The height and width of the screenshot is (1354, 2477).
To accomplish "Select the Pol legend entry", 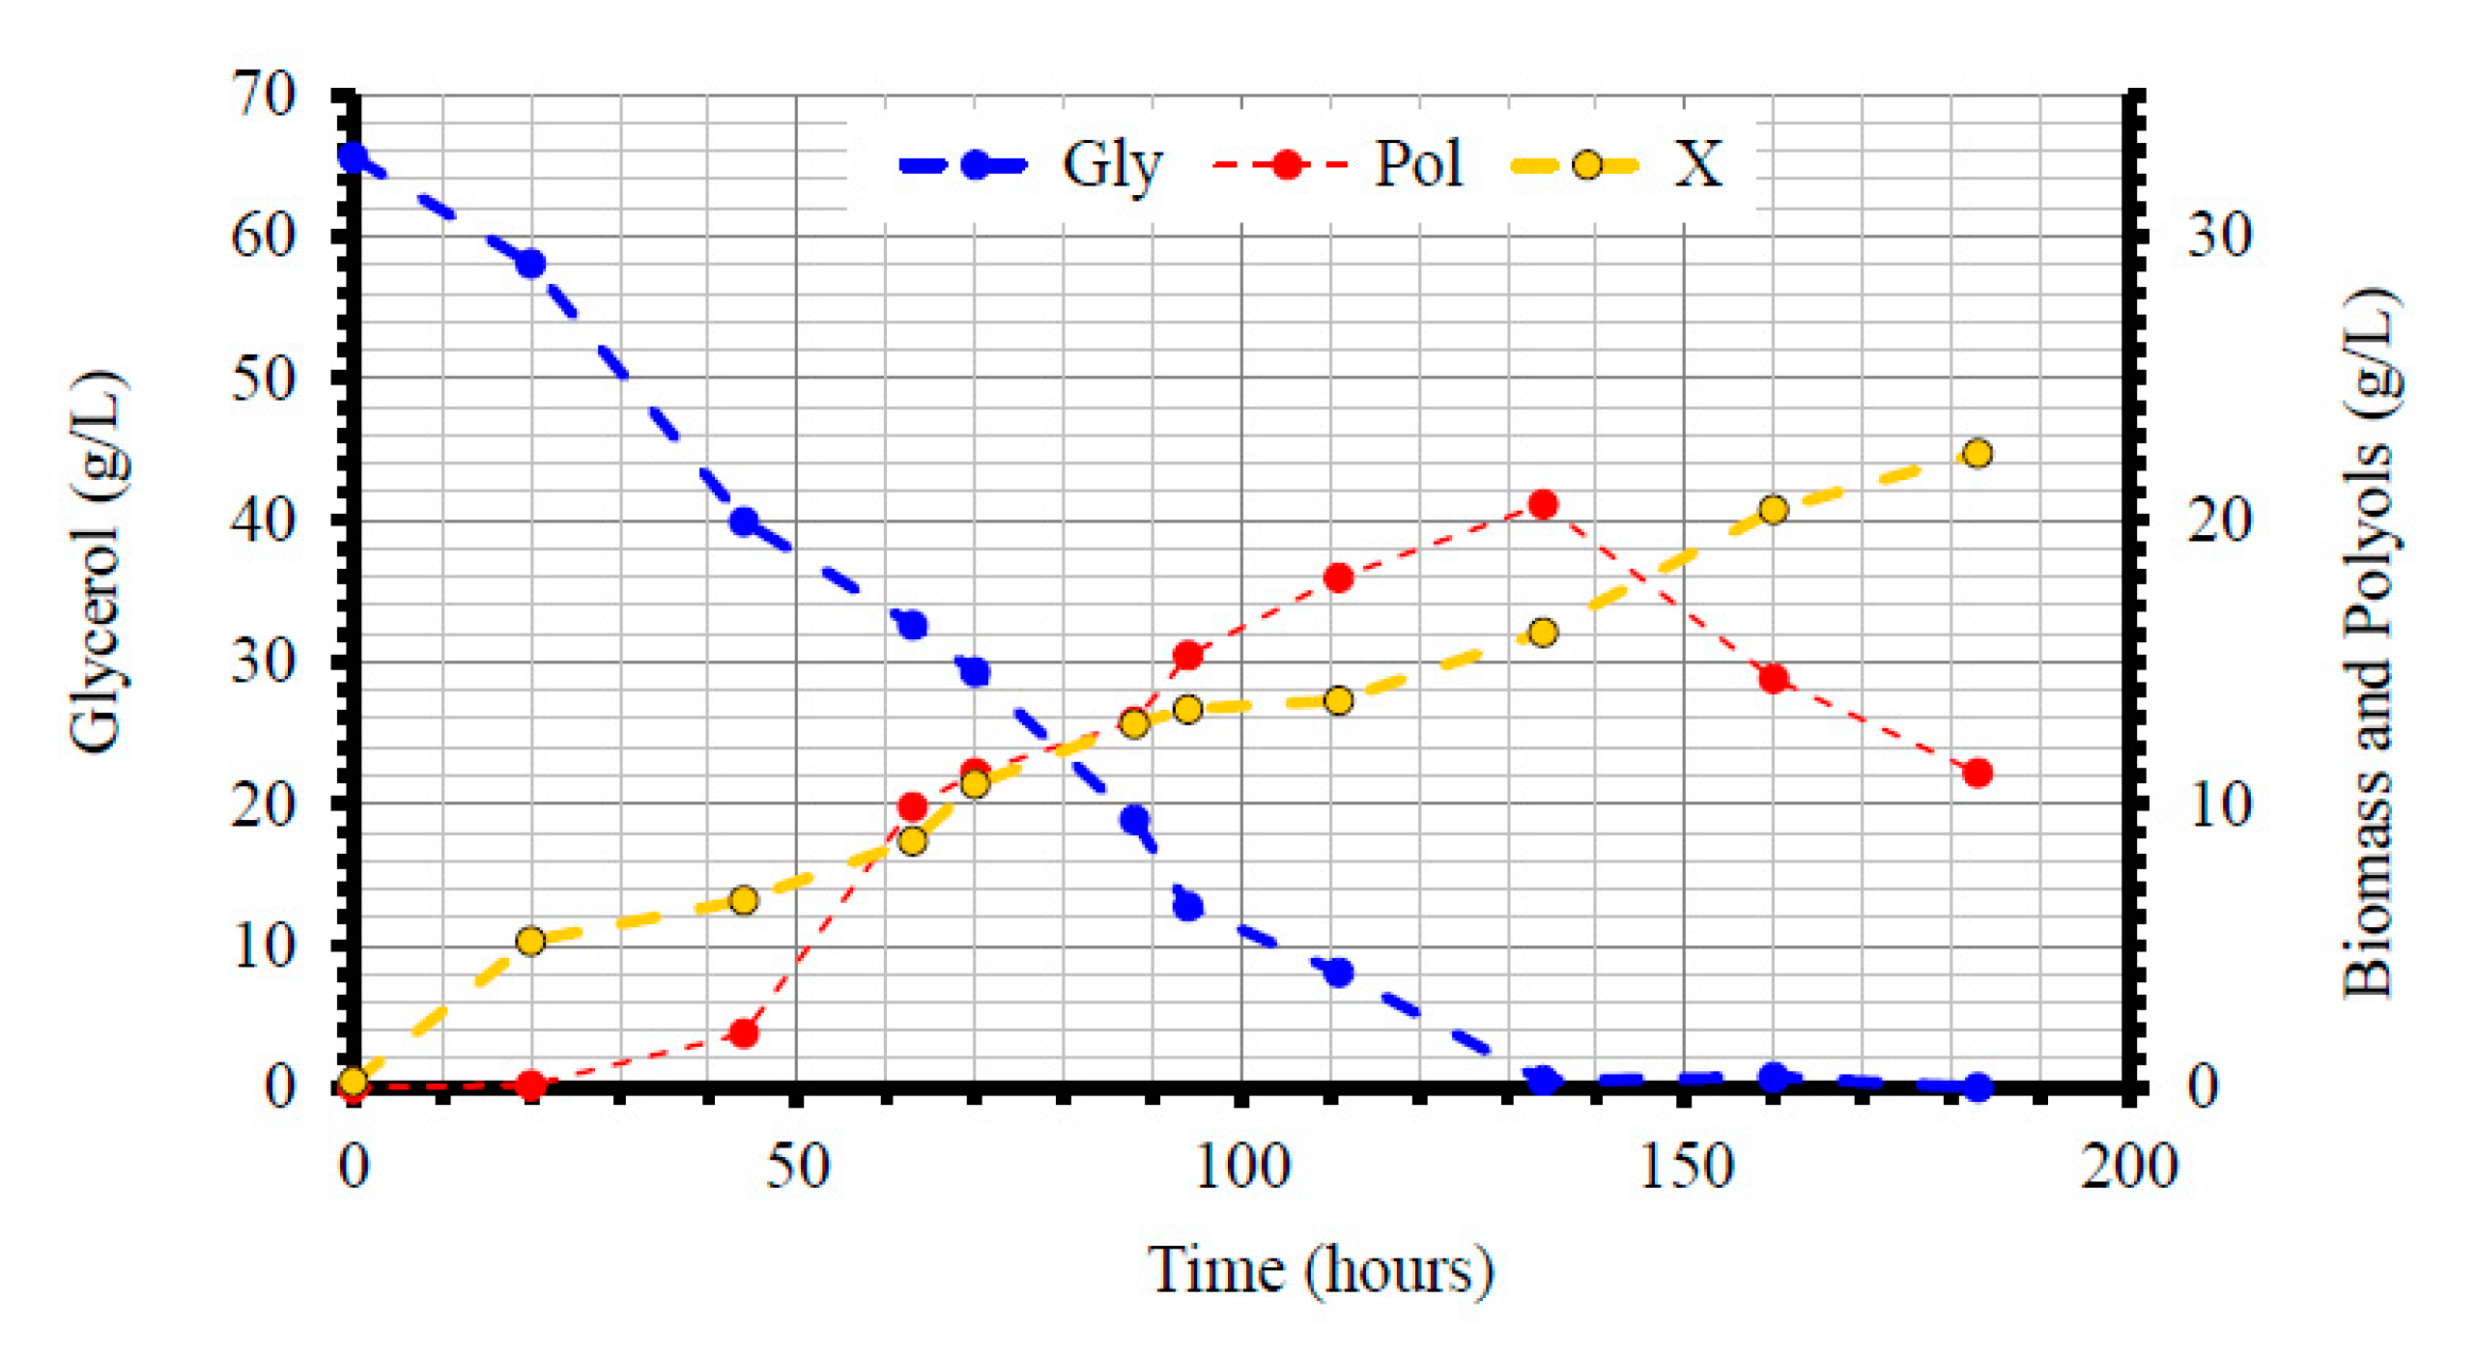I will point(1337,164).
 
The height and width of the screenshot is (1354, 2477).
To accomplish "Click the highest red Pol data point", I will point(1543,504).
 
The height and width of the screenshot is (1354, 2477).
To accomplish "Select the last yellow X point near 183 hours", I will point(1978,453).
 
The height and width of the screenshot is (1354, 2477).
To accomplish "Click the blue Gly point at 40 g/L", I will point(743,522).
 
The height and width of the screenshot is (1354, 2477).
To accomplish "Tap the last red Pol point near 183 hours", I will point(1978,773).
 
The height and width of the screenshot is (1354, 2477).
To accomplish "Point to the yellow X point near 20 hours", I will point(530,941).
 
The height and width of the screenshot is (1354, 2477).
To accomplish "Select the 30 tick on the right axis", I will point(2218,235).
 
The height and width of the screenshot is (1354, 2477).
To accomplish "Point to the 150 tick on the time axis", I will point(1686,1167).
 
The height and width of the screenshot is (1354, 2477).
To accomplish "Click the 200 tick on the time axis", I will point(2128,1167).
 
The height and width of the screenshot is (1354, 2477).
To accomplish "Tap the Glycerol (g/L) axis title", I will point(97,560).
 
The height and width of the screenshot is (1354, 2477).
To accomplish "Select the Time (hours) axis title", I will point(1321,1270).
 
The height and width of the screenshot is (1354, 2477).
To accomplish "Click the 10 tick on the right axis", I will point(2218,804).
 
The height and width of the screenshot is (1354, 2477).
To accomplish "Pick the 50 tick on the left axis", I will point(263,380).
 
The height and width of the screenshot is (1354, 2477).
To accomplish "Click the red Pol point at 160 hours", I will point(1773,678).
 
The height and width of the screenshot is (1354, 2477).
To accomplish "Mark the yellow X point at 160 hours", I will point(1773,510).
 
